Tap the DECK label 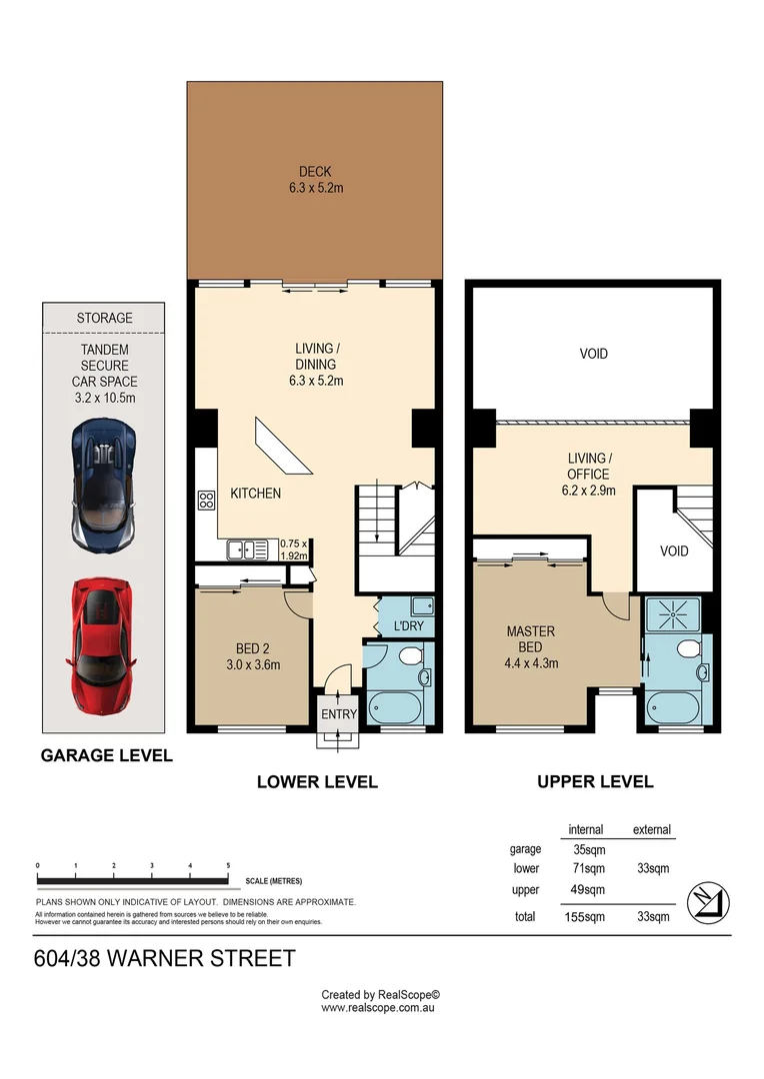click(314, 171)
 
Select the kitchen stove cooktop click(207, 501)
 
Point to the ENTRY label click(337, 714)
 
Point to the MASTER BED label click(530, 639)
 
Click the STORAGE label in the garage click(104, 318)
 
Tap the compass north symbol click(710, 900)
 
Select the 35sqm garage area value click(585, 849)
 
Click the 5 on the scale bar click(229, 865)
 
